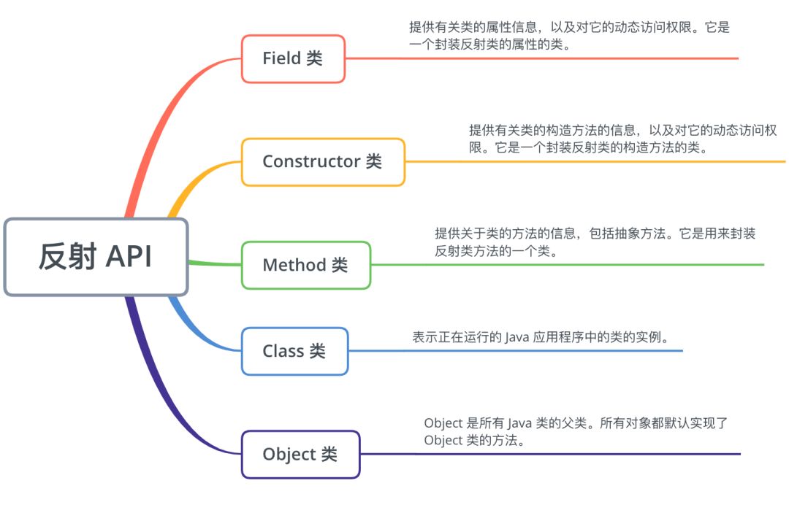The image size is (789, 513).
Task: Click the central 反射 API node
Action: point(96,257)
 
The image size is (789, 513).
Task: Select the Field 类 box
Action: point(293,58)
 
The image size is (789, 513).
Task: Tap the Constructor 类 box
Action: point(322,162)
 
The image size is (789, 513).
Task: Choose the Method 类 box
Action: point(305,265)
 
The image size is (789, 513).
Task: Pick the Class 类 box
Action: point(294,351)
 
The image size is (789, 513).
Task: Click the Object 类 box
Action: point(300,455)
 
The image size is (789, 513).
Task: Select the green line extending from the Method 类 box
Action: point(570,265)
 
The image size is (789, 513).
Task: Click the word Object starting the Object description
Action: point(443,423)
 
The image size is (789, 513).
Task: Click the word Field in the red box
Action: point(282,58)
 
